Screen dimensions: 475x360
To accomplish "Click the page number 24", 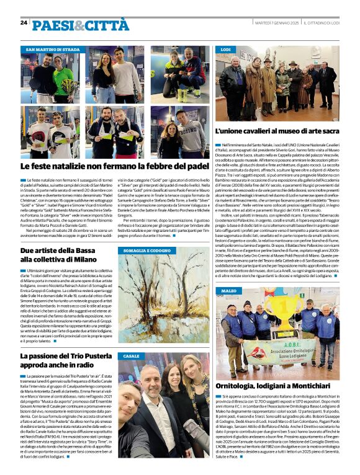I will (x=24, y=22).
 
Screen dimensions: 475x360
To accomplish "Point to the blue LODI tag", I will (x=226, y=49).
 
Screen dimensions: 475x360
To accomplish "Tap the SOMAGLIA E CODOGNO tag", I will (x=146, y=250).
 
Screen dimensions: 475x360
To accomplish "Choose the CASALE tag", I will (x=131, y=356).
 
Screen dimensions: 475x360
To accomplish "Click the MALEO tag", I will (x=228, y=290).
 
